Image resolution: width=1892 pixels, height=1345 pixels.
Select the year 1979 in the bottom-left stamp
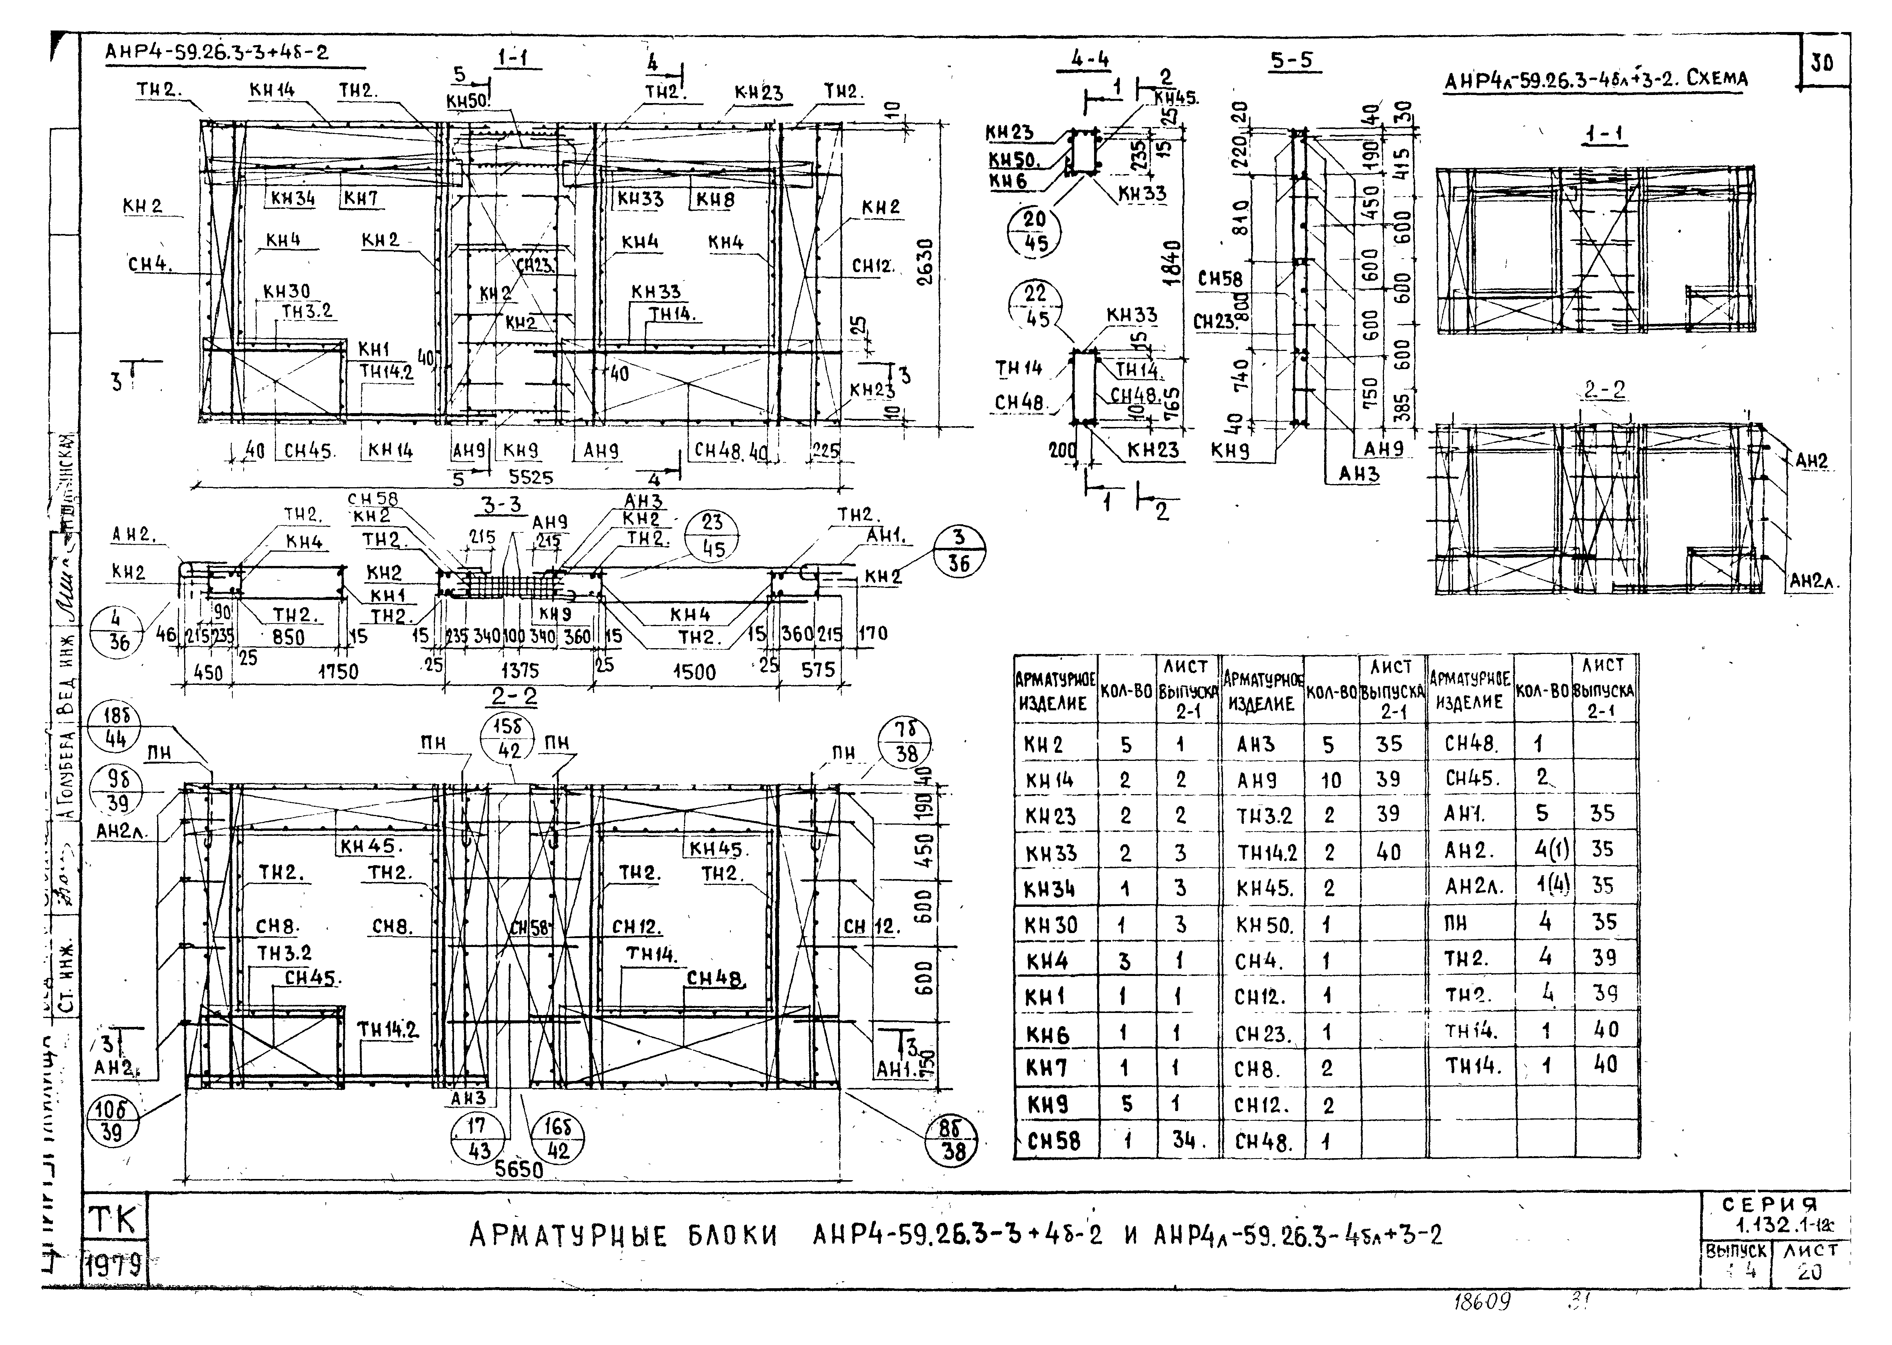[x=114, y=1265]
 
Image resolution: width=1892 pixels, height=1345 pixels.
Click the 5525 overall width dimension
[x=531, y=478]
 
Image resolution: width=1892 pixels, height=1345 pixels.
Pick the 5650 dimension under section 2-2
[x=519, y=1169]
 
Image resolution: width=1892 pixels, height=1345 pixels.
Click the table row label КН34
[x=1050, y=889]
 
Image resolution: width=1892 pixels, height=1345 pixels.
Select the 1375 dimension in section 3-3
[x=519, y=671]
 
